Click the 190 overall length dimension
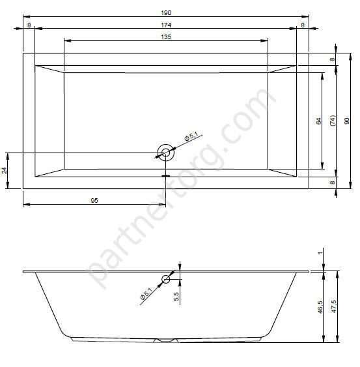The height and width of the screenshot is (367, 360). tap(166, 12)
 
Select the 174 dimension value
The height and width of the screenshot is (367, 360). tap(166, 25)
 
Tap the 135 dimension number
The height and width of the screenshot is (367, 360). tap(166, 37)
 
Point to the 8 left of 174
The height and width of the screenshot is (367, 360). tap(29, 25)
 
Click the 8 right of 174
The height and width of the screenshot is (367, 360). tap(303, 25)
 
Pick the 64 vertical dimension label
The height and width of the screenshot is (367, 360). tap(318, 121)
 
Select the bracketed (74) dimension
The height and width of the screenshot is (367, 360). tap(333, 121)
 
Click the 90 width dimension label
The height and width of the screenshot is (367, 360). tap(347, 121)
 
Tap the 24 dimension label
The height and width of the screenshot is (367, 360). tap(5, 170)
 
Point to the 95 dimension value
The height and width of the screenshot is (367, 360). tap(94, 201)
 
